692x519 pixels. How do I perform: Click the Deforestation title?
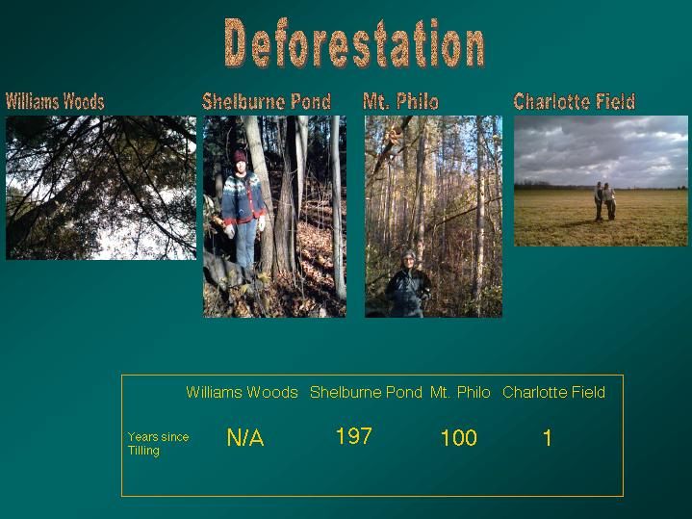click(354, 42)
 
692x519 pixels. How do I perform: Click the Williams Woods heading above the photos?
click(55, 102)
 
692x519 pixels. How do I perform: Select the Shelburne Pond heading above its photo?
click(267, 102)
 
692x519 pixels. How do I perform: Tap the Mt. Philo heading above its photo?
click(400, 102)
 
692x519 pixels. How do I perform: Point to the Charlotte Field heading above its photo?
click(575, 102)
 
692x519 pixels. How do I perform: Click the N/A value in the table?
click(245, 438)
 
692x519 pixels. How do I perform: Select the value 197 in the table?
click(354, 436)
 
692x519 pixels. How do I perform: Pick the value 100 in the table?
click(459, 438)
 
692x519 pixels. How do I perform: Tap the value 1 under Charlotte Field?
click(548, 438)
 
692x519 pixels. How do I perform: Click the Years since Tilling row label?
click(158, 444)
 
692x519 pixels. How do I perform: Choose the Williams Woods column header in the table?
click(242, 392)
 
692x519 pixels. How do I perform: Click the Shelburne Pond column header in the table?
click(366, 392)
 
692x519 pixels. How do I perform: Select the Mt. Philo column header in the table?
click(460, 392)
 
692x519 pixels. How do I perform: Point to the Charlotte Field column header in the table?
click(553, 392)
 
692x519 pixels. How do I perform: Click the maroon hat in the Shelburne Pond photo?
click(240, 156)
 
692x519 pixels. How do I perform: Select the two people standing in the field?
click(604, 201)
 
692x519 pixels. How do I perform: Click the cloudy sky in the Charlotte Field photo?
click(602, 150)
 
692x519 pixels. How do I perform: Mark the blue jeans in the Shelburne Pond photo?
click(245, 243)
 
